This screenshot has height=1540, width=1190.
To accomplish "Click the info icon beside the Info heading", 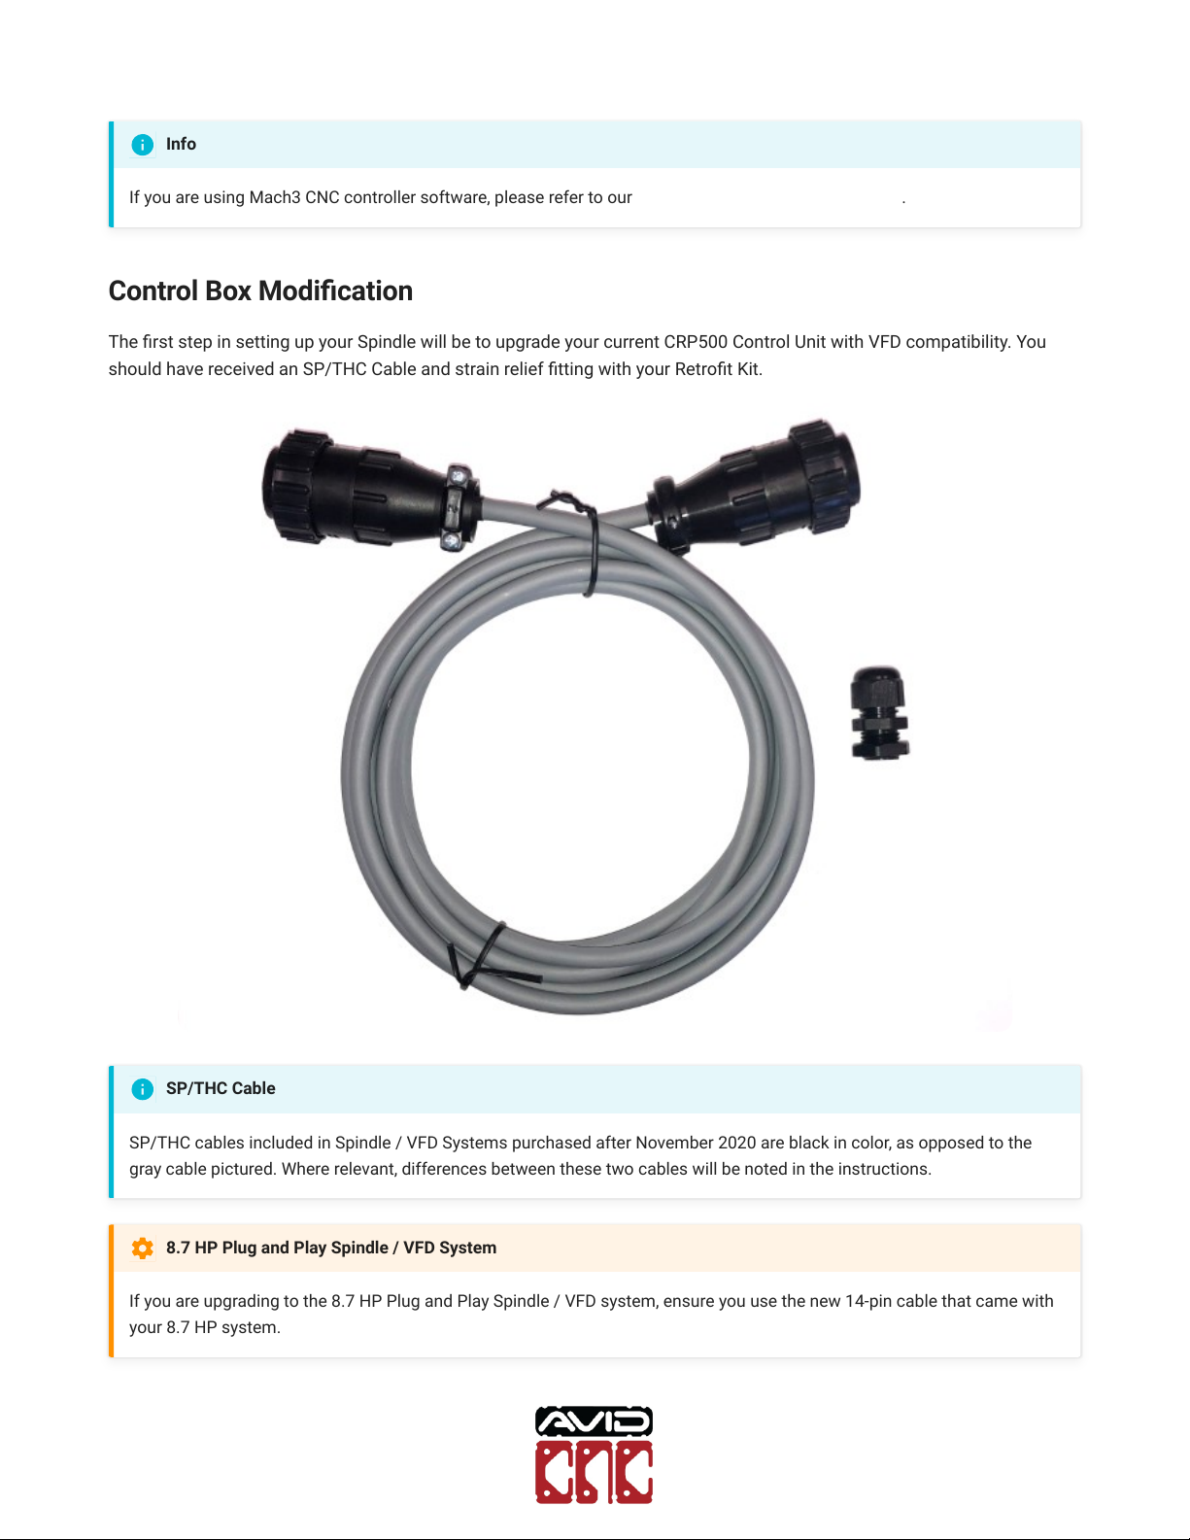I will coord(142,145).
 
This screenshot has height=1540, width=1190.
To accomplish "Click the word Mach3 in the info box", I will coord(275,197).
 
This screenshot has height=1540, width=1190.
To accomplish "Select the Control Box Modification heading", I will coord(260,291).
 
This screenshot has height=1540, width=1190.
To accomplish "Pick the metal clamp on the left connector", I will coord(456,507).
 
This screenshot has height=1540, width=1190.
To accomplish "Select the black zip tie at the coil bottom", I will coord(481,957).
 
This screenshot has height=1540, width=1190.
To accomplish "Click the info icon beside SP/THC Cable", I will coord(142,1089).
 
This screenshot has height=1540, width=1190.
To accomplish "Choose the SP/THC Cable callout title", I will coord(221,1088).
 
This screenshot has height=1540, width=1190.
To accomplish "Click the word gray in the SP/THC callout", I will coord(145,1169).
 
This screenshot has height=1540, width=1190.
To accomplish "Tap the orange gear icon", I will coord(142,1249).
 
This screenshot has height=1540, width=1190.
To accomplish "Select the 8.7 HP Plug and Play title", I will coord(330,1248).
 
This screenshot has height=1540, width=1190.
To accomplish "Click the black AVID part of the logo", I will coord(594,1422).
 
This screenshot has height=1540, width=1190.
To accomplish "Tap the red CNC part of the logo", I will coord(594,1472).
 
